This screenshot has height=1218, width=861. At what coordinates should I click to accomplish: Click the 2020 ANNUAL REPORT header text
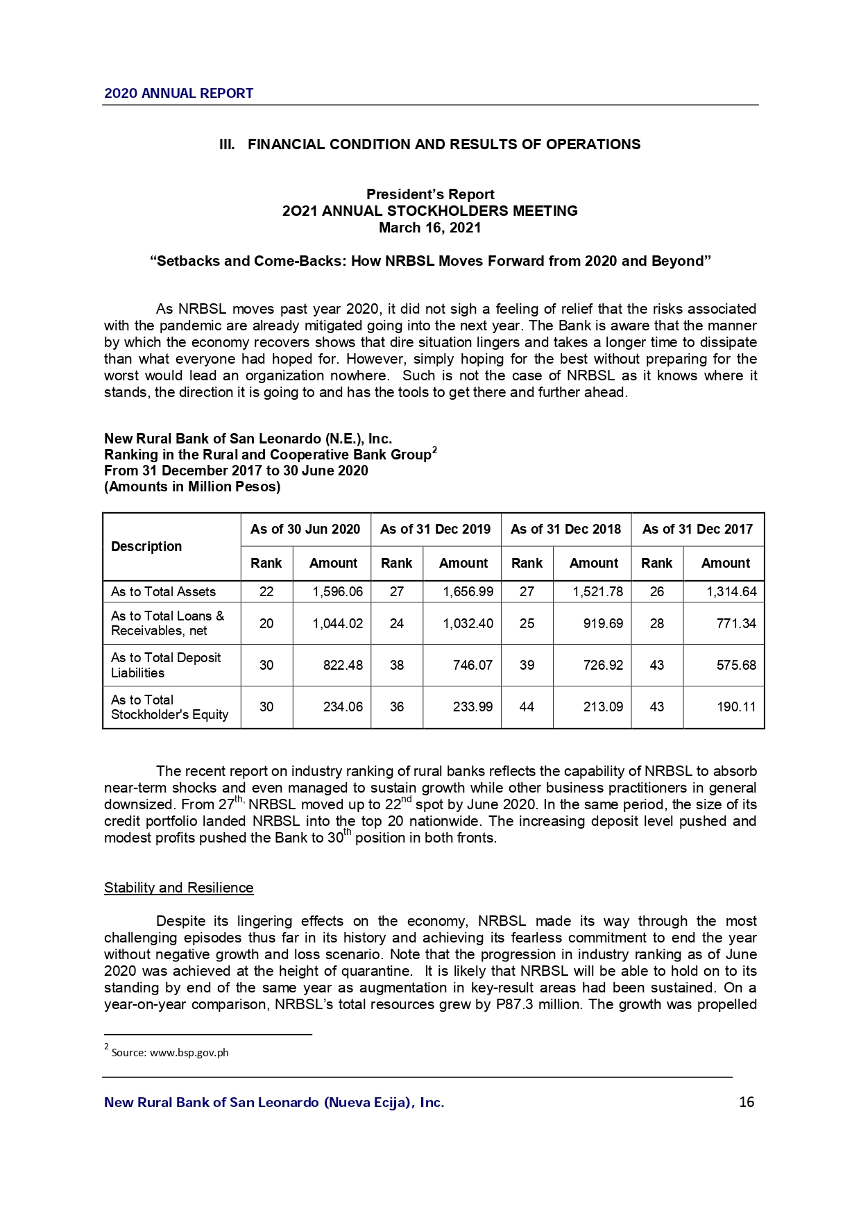coord(178,94)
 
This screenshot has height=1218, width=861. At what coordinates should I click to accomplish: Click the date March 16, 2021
coord(429,228)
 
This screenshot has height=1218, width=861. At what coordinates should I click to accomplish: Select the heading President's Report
coord(430,195)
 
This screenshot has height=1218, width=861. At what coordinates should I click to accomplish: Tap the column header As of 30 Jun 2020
coord(305,530)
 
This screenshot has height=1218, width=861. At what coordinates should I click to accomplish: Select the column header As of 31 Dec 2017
coord(697,530)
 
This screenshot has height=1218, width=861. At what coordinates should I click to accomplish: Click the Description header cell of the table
coord(146,547)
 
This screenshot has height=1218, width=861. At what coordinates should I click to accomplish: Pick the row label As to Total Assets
coord(163,592)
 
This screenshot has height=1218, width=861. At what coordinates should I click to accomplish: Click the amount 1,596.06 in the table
coord(337,592)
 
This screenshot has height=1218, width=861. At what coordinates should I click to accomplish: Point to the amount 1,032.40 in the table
coord(468,624)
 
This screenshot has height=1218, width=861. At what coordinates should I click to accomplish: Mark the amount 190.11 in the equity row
coord(736,707)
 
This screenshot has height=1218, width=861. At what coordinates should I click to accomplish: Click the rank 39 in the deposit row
coord(527,666)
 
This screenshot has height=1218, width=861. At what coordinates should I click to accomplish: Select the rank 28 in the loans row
coord(656,624)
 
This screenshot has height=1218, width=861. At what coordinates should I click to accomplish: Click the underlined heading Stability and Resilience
coord(178,888)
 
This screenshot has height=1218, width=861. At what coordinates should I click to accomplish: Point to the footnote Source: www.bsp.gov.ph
coord(169,1053)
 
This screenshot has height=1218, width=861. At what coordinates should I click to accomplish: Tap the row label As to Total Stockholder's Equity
coord(169,707)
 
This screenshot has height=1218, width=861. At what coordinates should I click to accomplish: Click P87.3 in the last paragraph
coord(515,1005)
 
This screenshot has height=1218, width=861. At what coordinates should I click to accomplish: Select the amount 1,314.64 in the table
coord(731,592)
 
